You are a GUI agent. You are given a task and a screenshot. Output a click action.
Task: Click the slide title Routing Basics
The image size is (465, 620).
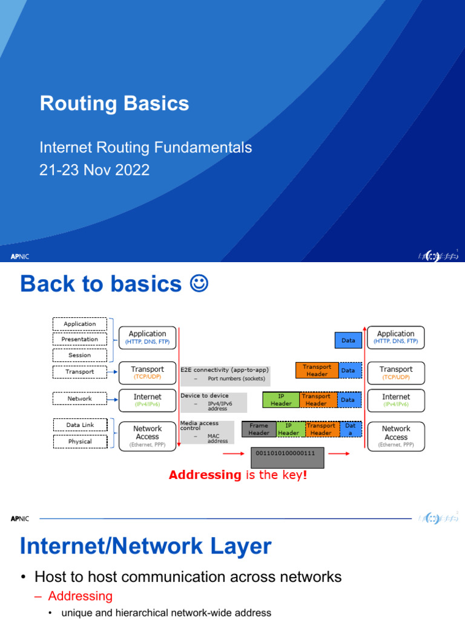114,104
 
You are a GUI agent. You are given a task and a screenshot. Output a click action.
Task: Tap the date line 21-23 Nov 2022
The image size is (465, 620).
94,170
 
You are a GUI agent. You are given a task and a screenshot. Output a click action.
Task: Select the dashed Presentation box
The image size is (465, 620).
80,339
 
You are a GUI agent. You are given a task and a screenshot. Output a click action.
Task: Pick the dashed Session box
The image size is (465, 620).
80,355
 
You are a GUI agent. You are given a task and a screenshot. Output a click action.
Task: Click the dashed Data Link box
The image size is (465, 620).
80,425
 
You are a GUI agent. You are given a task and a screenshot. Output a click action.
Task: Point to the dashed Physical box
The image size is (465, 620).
80,441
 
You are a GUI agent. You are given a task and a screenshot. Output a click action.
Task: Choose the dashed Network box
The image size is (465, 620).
80,398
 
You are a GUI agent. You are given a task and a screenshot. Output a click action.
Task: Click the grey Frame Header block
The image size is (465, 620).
259,429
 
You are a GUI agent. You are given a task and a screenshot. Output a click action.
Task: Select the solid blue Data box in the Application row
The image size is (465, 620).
348,340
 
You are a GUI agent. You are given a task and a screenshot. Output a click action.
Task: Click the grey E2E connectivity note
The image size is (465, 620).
225,374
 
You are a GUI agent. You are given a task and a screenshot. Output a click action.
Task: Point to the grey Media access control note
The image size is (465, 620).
199,432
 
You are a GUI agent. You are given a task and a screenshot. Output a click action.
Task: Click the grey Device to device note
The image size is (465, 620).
214,402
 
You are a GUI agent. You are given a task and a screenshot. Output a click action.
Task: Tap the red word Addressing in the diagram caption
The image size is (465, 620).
205,475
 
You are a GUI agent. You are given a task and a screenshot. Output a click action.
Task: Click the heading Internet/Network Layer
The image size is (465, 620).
145,547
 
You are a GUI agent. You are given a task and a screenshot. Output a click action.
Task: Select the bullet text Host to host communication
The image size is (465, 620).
188,577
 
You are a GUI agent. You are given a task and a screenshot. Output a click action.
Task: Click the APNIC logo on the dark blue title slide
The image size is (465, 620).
20,256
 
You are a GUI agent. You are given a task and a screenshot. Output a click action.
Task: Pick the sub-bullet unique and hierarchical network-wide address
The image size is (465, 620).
167,613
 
